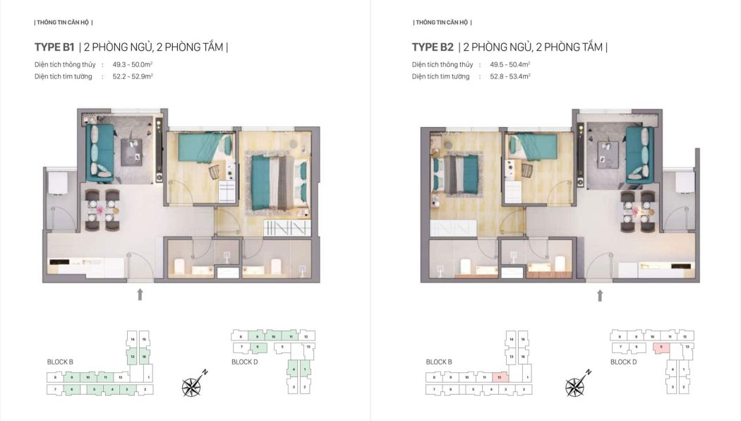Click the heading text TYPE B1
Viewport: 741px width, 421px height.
[x=54, y=47]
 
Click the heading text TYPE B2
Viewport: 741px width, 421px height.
[x=433, y=47]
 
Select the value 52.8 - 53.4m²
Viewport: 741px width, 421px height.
[x=510, y=76]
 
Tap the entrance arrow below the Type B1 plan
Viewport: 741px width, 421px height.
[x=140, y=294]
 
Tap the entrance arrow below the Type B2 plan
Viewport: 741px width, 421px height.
[x=600, y=295]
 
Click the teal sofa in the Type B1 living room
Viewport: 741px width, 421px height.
[x=100, y=153]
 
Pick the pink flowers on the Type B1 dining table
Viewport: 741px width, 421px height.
[x=104, y=208]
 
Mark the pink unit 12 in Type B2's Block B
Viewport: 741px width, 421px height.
[x=501, y=378]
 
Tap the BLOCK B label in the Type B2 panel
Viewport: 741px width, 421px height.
[x=439, y=362]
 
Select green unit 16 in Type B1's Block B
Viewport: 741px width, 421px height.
[x=143, y=357]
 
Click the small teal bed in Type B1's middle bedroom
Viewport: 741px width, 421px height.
[x=202, y=149]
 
